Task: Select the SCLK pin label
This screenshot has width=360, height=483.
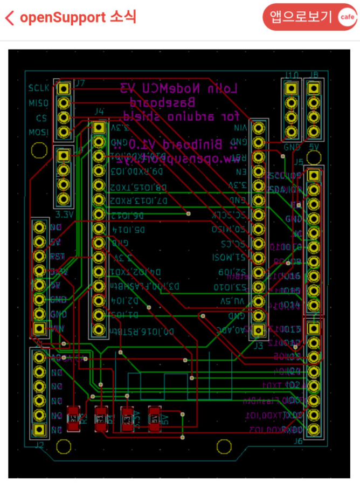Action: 39,88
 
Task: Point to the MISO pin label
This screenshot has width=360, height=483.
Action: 39,103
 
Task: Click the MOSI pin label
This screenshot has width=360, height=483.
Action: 39,133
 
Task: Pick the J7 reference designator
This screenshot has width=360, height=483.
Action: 80,83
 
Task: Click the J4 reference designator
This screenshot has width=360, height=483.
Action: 99,112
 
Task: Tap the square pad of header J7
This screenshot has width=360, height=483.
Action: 64,88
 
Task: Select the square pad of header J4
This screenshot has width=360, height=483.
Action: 98,128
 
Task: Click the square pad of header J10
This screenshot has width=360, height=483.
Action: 291,88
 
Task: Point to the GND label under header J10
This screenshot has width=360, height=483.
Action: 292,147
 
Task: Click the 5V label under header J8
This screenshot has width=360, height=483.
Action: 314,147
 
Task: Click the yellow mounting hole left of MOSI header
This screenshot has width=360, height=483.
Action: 39,150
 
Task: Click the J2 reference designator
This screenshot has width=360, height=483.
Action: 39,445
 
